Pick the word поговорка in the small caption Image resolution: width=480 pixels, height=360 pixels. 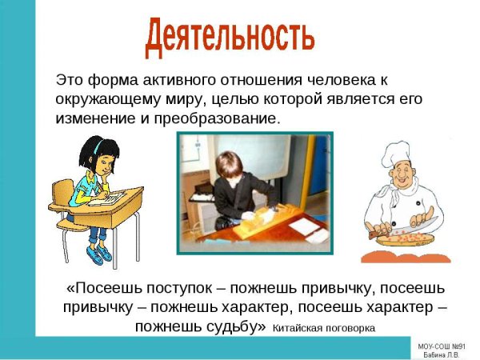(x=350, y=328)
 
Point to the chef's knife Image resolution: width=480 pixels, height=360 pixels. (x=423, y=222)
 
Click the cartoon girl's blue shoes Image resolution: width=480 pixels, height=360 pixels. (x=100, y=255)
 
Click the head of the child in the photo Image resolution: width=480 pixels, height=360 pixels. (x=234, y=166)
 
